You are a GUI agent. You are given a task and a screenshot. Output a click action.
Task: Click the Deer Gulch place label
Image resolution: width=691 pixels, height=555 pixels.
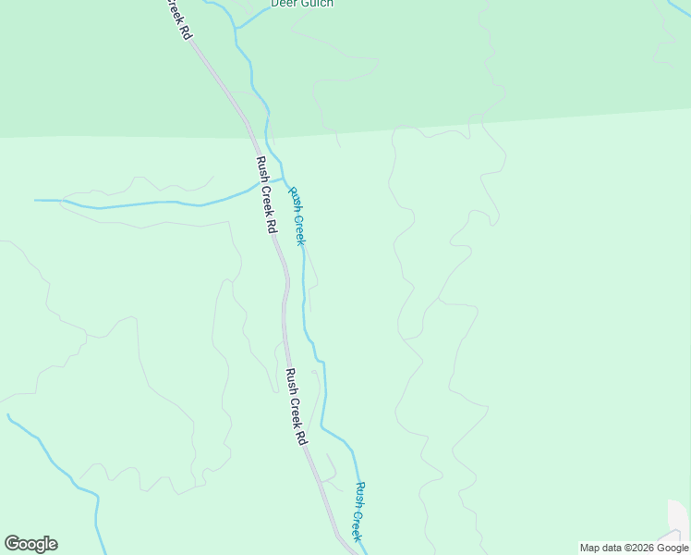301,4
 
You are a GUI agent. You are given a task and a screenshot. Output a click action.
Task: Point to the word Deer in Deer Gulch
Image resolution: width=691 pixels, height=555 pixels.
283,4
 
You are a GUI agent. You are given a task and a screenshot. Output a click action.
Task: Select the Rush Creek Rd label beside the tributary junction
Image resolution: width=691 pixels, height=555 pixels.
267,194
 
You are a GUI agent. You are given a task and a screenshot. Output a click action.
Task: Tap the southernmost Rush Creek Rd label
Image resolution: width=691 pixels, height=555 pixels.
296,407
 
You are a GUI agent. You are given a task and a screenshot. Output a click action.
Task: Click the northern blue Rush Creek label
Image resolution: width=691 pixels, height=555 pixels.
297,216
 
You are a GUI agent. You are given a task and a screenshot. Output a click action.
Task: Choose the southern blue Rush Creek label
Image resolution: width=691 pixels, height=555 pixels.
359,511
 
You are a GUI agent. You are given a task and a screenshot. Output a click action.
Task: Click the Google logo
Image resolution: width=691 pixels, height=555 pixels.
30,544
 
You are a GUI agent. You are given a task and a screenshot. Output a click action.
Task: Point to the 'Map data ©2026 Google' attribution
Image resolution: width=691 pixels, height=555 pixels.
633,548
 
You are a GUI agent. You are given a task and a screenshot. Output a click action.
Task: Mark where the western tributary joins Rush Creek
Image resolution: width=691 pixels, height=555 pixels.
283,178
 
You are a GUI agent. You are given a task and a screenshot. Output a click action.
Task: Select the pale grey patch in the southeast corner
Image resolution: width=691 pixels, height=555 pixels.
679,518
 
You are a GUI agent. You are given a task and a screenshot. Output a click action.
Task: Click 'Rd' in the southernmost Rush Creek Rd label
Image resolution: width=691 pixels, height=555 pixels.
300,437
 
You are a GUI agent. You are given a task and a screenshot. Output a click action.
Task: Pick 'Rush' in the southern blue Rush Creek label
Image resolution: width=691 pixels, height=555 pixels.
361,493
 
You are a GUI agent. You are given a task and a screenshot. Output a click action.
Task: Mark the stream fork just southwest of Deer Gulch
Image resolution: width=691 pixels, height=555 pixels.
236,30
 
